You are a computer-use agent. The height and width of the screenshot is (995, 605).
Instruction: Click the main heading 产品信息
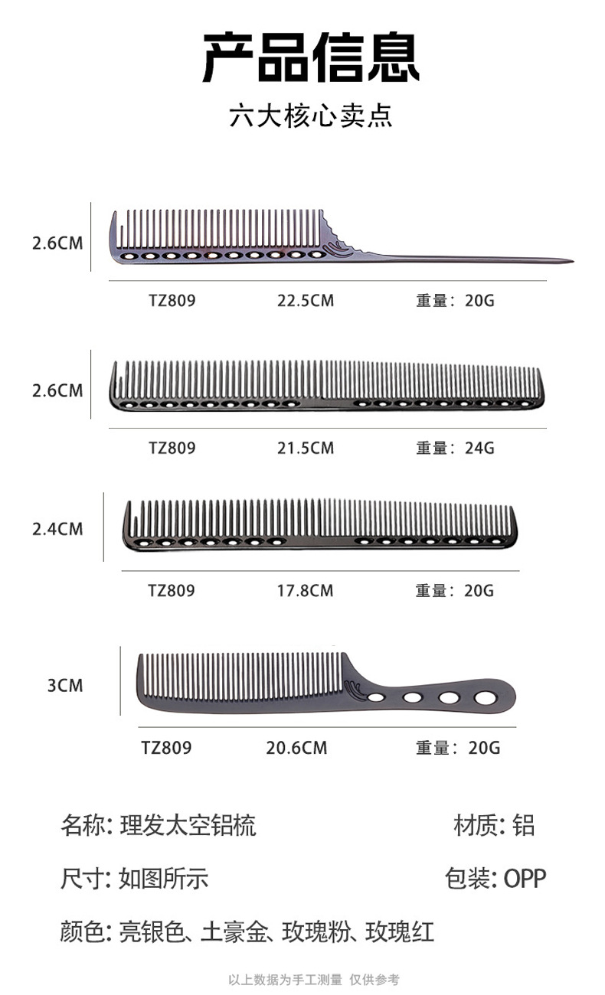point(311,57)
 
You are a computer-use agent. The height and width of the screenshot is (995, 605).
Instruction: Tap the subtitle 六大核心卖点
point(311,116)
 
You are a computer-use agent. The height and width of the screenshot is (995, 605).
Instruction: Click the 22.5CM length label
point(306,301)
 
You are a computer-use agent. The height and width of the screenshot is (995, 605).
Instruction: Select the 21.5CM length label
point(306,449)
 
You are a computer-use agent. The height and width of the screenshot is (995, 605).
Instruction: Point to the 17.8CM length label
point(305,591)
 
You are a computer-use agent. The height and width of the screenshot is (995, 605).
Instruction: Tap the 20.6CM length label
point(296,748)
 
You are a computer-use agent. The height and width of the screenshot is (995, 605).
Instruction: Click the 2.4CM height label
point(57,529)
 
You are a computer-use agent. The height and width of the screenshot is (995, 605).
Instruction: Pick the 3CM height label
point(65,685)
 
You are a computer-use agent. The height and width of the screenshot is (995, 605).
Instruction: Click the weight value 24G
point(479,449)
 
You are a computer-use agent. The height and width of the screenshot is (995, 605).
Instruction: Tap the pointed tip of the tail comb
point(574,261)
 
